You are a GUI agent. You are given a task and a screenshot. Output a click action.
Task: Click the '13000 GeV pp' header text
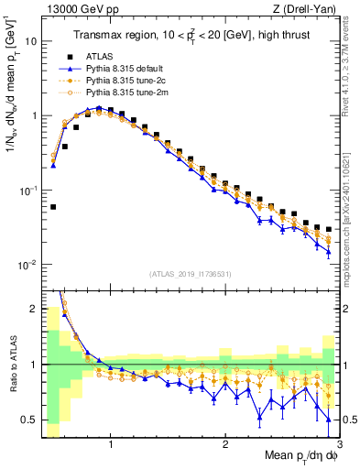point(79,10)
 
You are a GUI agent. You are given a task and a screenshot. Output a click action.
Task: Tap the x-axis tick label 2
point(224,443)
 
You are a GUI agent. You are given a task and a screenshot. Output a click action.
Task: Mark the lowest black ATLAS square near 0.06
point(53,207)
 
